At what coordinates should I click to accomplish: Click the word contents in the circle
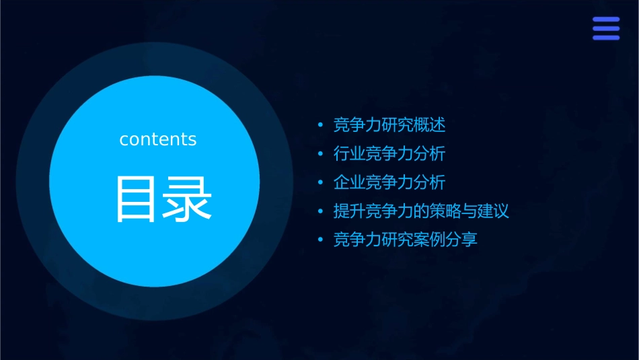coord(158,139)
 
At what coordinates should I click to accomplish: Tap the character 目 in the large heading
coord(137,199)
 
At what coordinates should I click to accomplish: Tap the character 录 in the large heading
coord(188,199)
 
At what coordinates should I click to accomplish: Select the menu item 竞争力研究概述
coord(389,125)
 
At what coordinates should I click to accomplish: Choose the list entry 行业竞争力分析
coord(389,154)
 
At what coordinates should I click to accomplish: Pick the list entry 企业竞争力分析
coord(389,182)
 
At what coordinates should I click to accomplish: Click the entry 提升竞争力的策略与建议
coord(421,211)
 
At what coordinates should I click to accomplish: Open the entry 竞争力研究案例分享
coord(406,240)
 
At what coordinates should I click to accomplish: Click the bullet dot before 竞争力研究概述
coord(321,126)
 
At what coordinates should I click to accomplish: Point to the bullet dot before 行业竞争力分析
coord(321,154)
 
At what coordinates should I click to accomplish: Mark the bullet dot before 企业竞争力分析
coord(321,183)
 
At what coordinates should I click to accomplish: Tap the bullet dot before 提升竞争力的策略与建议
coord(321,212)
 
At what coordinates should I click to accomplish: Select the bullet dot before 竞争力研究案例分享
coord(321,240)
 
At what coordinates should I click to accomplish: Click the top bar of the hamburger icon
coord(606,20)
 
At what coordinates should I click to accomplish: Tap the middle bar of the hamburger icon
coord(606,28)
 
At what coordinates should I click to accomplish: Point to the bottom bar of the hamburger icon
coord(606,37)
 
